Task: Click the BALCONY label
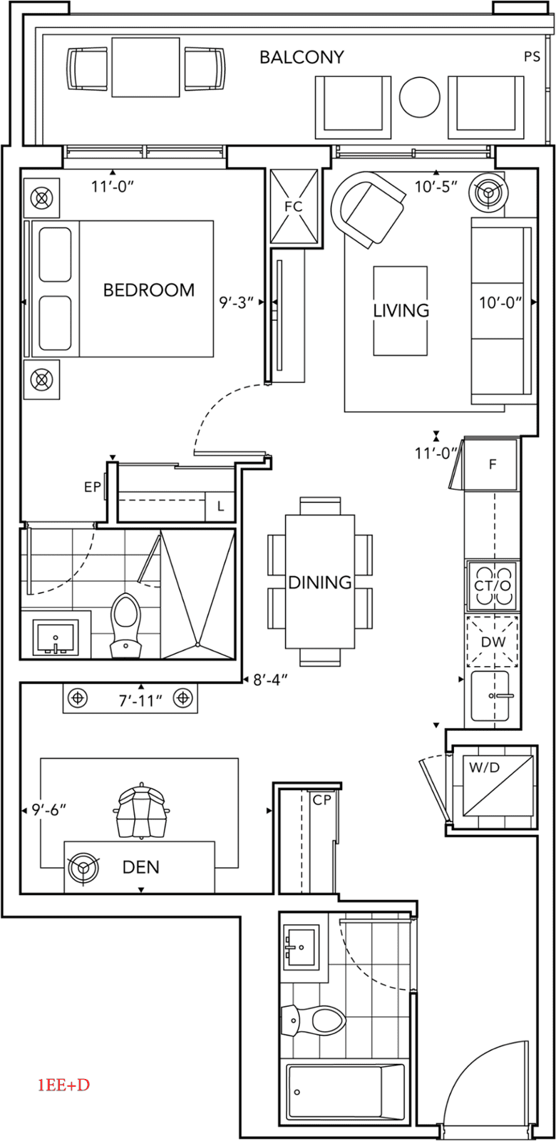[x=302, y=57]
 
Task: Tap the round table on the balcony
[x=421, y=98]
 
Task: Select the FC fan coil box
[x=293, y=207]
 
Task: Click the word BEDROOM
[x=149, y=290]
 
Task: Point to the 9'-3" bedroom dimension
[x=237, y=302]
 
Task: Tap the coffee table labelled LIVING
[x=401, y=310]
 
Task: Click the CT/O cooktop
[x=492, y=585]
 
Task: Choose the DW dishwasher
[x=493, y=641]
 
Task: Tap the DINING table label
[x=320, y=582]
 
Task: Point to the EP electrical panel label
[x=92, y=488]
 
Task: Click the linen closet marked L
[x=221, y=507]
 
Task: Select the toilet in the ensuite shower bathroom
[x=128, y=624]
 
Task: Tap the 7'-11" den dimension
[x=140, y=700]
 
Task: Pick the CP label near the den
[x=322, y=800]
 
